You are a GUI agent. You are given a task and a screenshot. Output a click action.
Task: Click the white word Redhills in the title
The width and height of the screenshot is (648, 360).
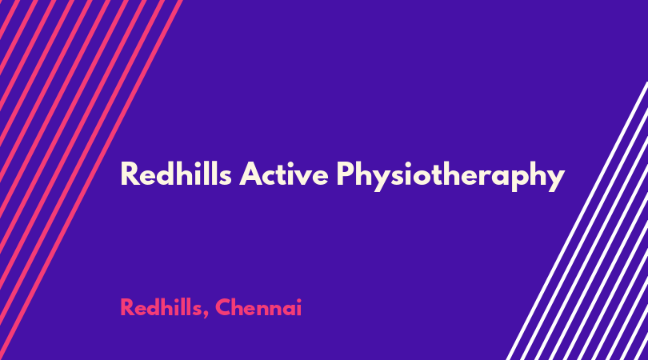tap(176, 174)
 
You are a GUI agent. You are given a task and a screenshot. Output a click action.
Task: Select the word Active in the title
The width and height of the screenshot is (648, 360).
tap(284, 174)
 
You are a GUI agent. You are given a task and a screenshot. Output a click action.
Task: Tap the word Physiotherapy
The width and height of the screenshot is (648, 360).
tap(450, 177)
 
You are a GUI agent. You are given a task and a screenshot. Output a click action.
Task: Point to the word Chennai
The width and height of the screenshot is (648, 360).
tap(258, 307)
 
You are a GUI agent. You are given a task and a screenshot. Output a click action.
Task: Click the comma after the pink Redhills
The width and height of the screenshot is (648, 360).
tap(206, 315)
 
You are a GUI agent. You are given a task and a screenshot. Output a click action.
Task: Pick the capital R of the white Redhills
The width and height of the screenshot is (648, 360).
tap(130, 174)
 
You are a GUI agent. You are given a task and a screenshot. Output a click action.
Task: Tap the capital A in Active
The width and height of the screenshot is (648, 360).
tap(251, 174)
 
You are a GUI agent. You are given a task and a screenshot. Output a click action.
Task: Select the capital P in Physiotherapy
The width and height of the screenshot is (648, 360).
tap(346, 174)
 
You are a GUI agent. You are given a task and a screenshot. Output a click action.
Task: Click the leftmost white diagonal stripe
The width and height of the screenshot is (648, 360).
tap(578, 221)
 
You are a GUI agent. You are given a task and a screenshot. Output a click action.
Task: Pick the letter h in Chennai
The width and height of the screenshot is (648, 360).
tap(241, 306)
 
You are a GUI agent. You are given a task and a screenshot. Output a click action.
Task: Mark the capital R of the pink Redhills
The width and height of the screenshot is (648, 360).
tap(128, 307)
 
